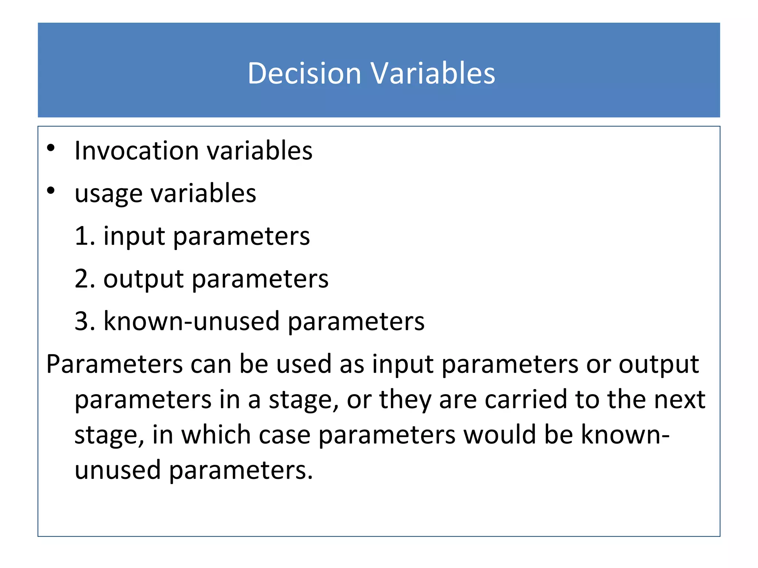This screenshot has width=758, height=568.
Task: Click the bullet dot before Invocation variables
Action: pyautogui.click(x=51, y=148)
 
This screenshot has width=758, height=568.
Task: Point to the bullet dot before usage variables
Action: pyautogui.click(x=51, y=191)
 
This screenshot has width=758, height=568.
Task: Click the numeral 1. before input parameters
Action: pyautogui.click(x=85, y=236)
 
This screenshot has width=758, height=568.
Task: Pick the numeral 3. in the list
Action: pyautogui.click(x=85, y=321)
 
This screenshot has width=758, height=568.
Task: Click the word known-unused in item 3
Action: pyautogui.click(x=191, y=321)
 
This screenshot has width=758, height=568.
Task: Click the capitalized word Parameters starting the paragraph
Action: pyautogui.click(x=114, y=364)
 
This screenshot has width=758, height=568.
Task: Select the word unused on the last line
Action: pyautogui.click(x=117, y=470)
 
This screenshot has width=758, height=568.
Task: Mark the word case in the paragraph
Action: pyautogui.click(x=285, y=435)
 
